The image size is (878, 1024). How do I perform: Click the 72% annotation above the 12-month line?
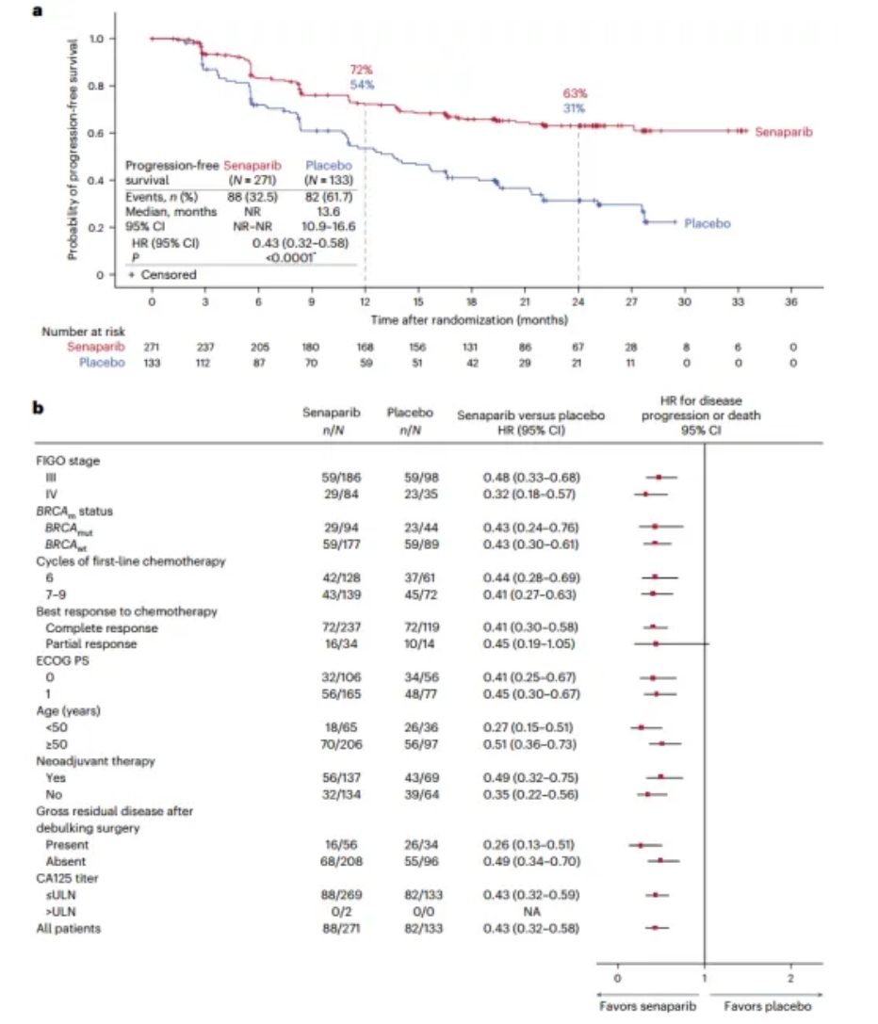point(362,72)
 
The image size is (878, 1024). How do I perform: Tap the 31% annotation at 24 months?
point(575,108)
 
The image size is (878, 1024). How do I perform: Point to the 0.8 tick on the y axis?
point(96,86)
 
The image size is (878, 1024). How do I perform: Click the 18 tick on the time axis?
point(471,302)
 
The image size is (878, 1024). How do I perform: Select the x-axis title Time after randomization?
point(469,320)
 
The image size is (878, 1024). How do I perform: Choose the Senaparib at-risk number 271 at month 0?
point(151,347)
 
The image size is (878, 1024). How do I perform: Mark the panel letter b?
point(39,410)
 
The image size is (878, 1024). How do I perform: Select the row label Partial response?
point(91,643)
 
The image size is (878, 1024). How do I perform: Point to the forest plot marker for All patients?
point(655,928)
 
